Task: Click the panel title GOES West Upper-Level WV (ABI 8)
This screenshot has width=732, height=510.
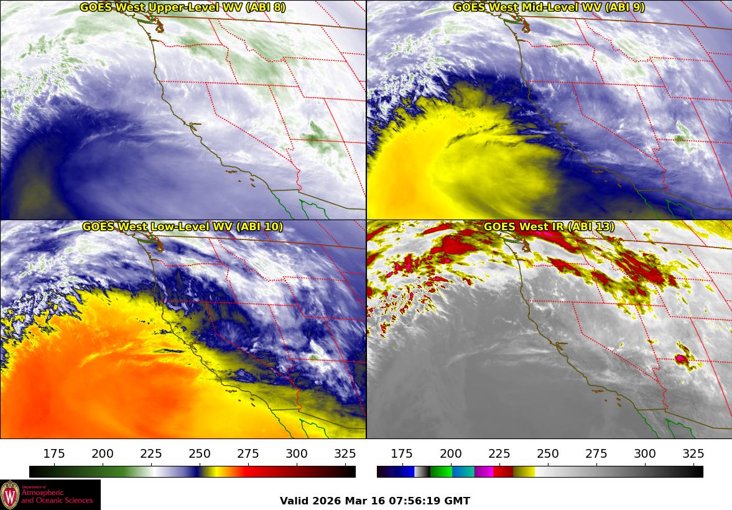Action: [x=183, y=7]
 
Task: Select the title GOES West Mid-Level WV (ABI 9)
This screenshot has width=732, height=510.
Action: [x=549, y=7]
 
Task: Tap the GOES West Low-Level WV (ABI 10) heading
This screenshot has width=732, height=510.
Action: [x=183, y=227]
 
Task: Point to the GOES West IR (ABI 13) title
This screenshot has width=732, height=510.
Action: [x=549, y=227]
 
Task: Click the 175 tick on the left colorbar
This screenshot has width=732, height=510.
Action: [x=54, y=453]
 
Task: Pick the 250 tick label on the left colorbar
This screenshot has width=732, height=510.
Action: [x=200, y=453]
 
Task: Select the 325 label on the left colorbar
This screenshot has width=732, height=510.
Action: [x=345, y=453]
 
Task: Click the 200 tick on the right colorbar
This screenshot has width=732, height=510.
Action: [x=451, y=453]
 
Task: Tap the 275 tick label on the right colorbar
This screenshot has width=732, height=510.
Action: [x=596, y=453]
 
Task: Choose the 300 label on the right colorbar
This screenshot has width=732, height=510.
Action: [x=645, y=453]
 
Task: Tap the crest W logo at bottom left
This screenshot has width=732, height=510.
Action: [x=10, y=495]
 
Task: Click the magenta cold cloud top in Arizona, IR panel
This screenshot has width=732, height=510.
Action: [x=682, y=358]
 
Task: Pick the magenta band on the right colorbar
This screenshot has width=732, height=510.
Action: [x=484, y=471]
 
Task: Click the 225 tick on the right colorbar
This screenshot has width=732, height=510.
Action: [x=499, y=453]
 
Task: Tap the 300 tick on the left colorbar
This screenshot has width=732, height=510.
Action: [x=297, y=453]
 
